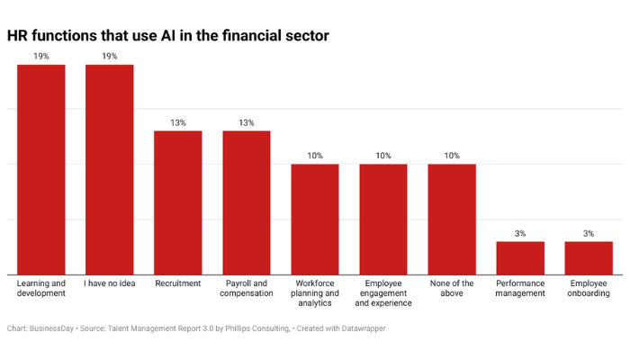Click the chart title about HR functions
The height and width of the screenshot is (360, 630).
(167, 37)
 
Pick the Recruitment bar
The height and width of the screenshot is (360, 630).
(178, 202)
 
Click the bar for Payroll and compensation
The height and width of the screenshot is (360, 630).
(247, 202)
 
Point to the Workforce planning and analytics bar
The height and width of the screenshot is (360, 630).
(315, 219)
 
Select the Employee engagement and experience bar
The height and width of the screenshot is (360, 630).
(383, 219)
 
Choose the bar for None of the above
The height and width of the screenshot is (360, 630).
(452, 219)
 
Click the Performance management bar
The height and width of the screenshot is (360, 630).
(520, 257)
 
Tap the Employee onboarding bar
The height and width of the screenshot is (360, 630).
(589, 257)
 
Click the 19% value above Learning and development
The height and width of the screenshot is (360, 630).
(41, 57)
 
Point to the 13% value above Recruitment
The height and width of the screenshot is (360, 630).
(178, 122)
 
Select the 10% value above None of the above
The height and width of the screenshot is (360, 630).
(452, 156)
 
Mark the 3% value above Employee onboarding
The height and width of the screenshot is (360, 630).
(589, 233)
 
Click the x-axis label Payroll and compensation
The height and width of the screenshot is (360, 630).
(247, 288)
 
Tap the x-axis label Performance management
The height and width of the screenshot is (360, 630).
(520, 288)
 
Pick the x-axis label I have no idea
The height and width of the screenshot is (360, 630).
(110, 283)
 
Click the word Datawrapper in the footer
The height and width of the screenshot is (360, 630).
(359, 328)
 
